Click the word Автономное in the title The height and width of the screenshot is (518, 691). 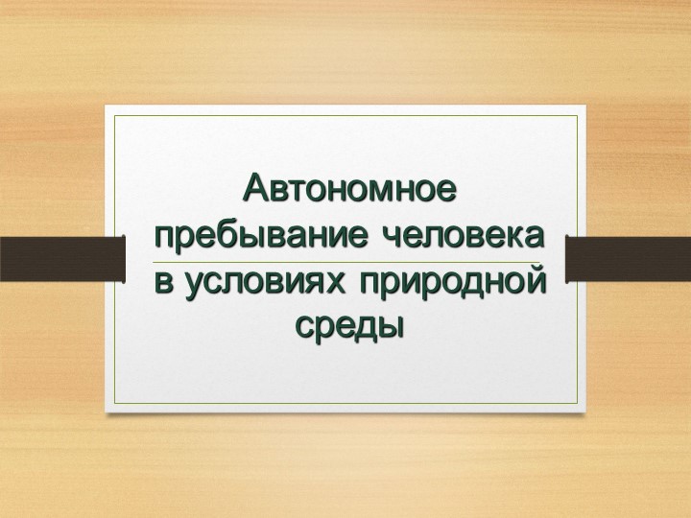(349, 188)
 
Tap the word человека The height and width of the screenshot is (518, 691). (463, 235)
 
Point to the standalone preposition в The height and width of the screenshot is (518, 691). (162, 283)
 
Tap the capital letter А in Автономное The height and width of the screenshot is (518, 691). (256, 187)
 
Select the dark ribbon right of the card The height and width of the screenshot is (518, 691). (629, 259)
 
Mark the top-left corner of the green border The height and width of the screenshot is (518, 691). (114, 116)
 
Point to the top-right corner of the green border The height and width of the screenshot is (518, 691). (577, 116)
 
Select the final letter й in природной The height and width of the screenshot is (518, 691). (536, 281)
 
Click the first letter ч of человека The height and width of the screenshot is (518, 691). (390, 236)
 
